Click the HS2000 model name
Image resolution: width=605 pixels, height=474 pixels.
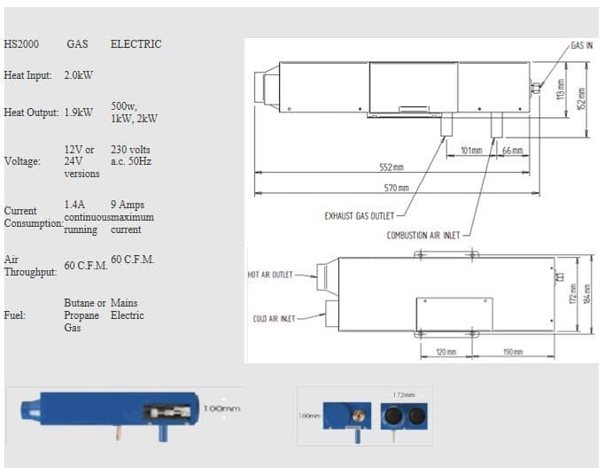(x=21, y=44)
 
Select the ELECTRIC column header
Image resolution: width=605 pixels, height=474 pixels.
(x=136, y=44)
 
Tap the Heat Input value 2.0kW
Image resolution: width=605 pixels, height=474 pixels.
(x=79, y=76)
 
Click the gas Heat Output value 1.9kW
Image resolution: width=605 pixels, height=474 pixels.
(x=79, y=113)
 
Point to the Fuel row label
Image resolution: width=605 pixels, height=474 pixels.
(x=15, y=315)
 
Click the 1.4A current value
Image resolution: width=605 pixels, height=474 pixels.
(x=75, y=205)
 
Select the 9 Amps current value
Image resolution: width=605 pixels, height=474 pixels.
(x=128, y=205)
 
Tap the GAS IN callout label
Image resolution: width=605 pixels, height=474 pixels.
(x=581, y=44)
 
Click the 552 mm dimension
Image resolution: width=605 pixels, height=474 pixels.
(x=391, y=167)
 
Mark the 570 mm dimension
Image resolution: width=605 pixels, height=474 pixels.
(x=395, y=188)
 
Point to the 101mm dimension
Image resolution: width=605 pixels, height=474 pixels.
(x=471, y=150)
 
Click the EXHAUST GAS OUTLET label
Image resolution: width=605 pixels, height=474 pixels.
(x=359, y=214)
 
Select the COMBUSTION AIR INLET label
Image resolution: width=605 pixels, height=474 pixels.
(x=423, y=236)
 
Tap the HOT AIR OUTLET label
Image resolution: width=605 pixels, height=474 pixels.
(x=269, y=275)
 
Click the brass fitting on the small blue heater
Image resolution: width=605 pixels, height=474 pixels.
(x=359, y=415)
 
